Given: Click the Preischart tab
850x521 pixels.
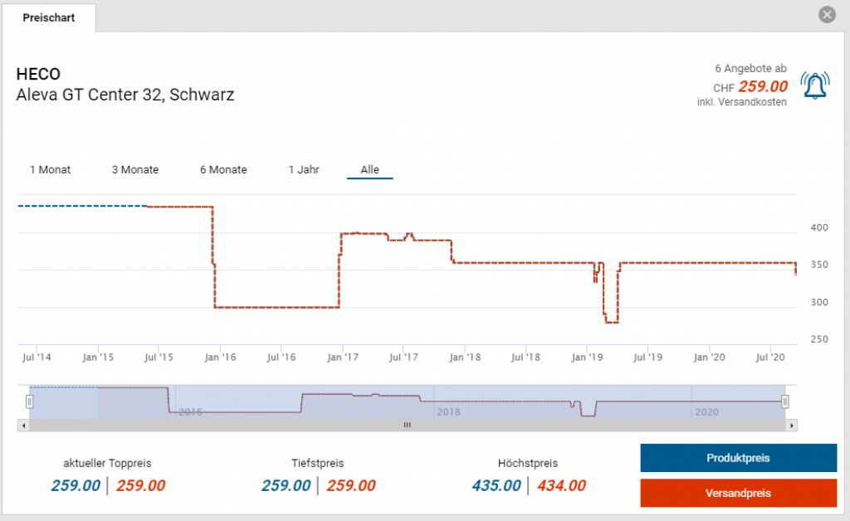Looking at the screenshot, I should coord(49,17).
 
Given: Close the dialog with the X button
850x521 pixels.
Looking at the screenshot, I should coord(827,15).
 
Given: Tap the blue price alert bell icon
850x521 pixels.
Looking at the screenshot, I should coord(815,85).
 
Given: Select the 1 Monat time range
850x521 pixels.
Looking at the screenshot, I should coord(51,169).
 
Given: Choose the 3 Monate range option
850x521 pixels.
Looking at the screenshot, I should coord(135,169).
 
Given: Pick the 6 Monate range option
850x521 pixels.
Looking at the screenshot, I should coord(223,169).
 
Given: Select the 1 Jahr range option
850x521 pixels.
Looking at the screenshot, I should coord(304,169).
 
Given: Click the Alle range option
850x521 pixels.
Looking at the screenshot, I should coord(369,169).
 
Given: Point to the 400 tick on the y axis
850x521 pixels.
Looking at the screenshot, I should coord(819,227).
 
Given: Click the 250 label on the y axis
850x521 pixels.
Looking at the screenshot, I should coord(819,339).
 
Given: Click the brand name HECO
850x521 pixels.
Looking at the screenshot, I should coord(38,74).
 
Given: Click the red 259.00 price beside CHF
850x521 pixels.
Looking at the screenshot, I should coord(763,86).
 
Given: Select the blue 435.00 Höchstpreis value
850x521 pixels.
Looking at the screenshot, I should coord(496,485).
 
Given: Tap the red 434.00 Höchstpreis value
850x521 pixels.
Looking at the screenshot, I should coord(561,485).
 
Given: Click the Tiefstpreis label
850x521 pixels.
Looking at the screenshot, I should coord(317,463).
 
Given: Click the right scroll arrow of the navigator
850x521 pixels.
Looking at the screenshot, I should coord(792,425).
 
